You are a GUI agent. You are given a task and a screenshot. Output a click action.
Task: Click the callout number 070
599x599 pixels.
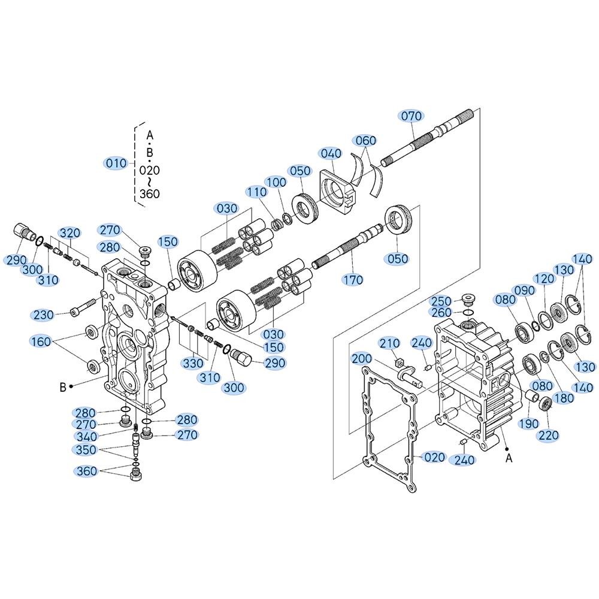pyautogui.click(x=411, y=116)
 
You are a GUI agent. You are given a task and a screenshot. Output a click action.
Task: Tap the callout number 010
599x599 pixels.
pyautogui.click(x=116, y=164)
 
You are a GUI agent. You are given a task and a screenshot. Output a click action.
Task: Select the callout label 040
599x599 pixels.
pyautogui.click(x=331, y=153)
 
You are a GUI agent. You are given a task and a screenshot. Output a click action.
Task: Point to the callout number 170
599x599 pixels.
pyautogui.click(x=352, y=280)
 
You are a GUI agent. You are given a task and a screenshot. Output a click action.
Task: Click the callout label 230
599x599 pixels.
pyautogui.click(x=44, y=315)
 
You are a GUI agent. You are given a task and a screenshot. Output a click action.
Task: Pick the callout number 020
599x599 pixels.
pyautogui.click(x=434, y=457)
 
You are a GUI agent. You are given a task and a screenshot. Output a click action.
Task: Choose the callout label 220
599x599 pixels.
pyautogui.click(x=549, y=435)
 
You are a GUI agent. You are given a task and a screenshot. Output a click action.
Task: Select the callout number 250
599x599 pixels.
pyautogui.click(x=441, y=301)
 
